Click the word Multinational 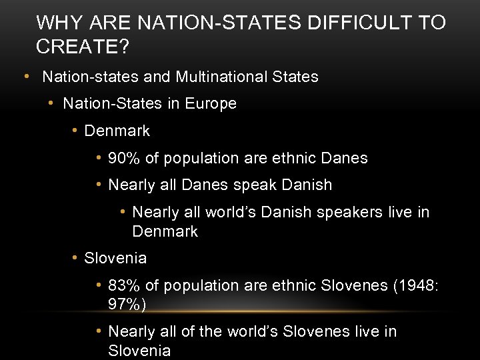[x=221, y=77]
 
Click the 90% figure [x=124, y=158]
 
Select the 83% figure [x=124, y=285]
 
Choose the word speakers [x=345, y=212]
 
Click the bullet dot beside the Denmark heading [x=75, y=131]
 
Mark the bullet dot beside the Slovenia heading [x=75, y=258]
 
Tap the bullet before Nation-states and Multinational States [x=27, y=76]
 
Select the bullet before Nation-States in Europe [x=51, y=103]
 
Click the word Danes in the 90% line [x=343, y=158]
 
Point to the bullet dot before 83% [x=99, y=285]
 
